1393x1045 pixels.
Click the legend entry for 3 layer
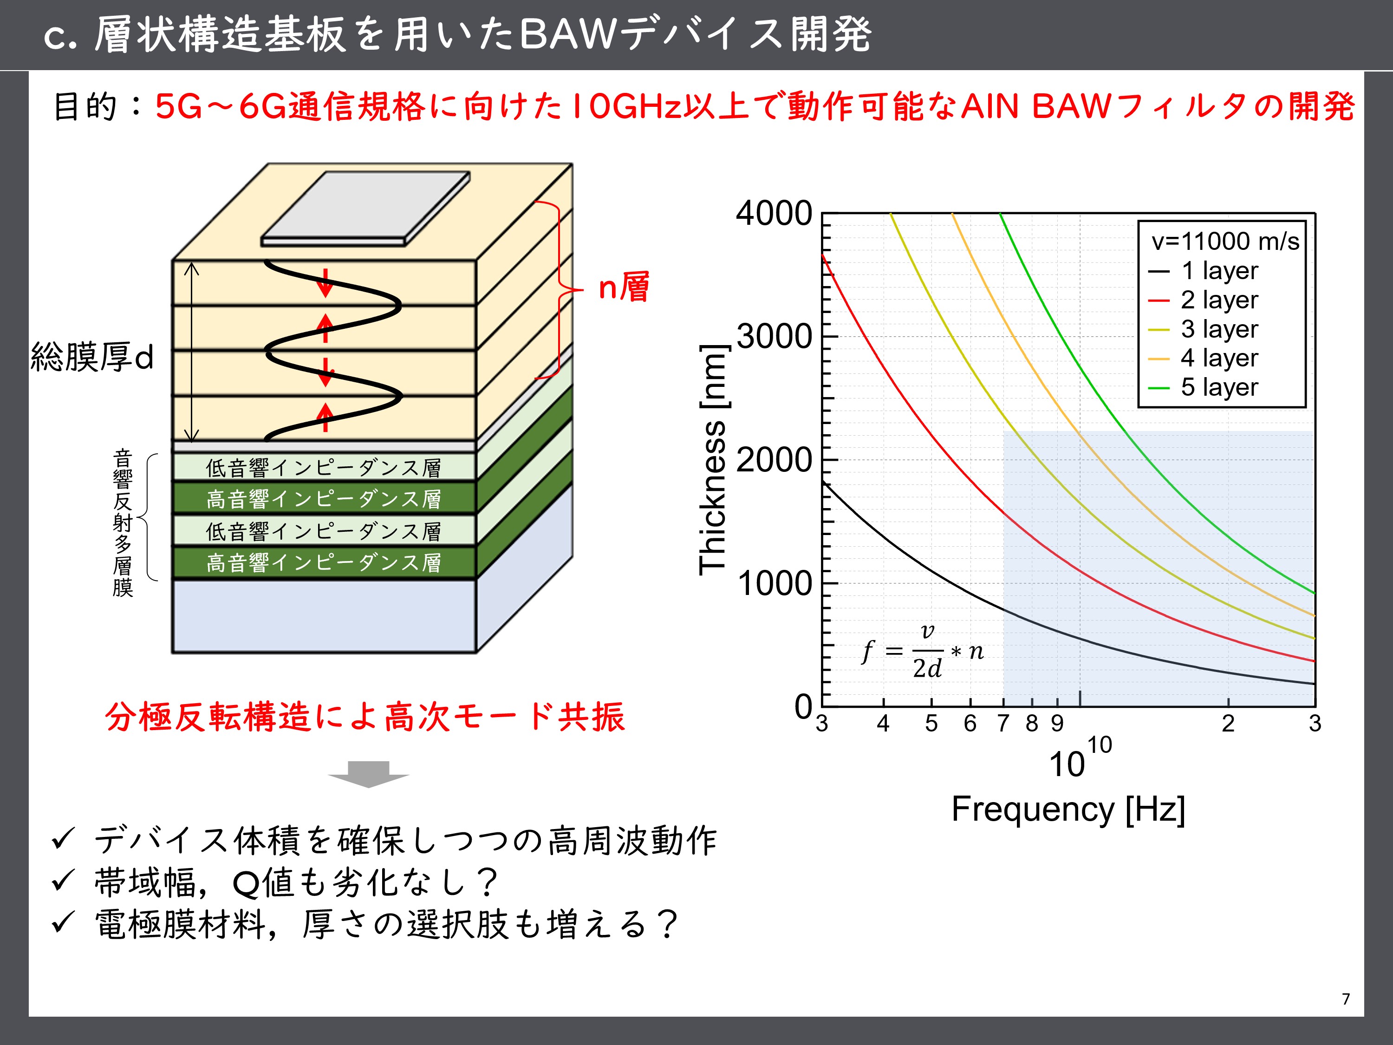click(x=1203, y=329)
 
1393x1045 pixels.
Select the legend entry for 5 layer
click(x=1203, y=387)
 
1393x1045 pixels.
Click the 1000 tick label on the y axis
click(x=774, y=583)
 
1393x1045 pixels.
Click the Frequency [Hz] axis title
click(x=1068, y=810)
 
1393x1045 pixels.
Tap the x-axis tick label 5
click(x=931, y=723)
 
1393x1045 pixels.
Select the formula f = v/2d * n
click(x=923, y=651)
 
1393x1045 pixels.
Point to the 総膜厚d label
click(x=92, y=357)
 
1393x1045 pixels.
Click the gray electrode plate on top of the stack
click(x=365, y=209)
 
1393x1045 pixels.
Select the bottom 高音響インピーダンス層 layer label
click(x=323, y=562)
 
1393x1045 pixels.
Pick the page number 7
click(x=1346, y=999)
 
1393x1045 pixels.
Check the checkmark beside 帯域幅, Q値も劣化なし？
click(x=63, y=881)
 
